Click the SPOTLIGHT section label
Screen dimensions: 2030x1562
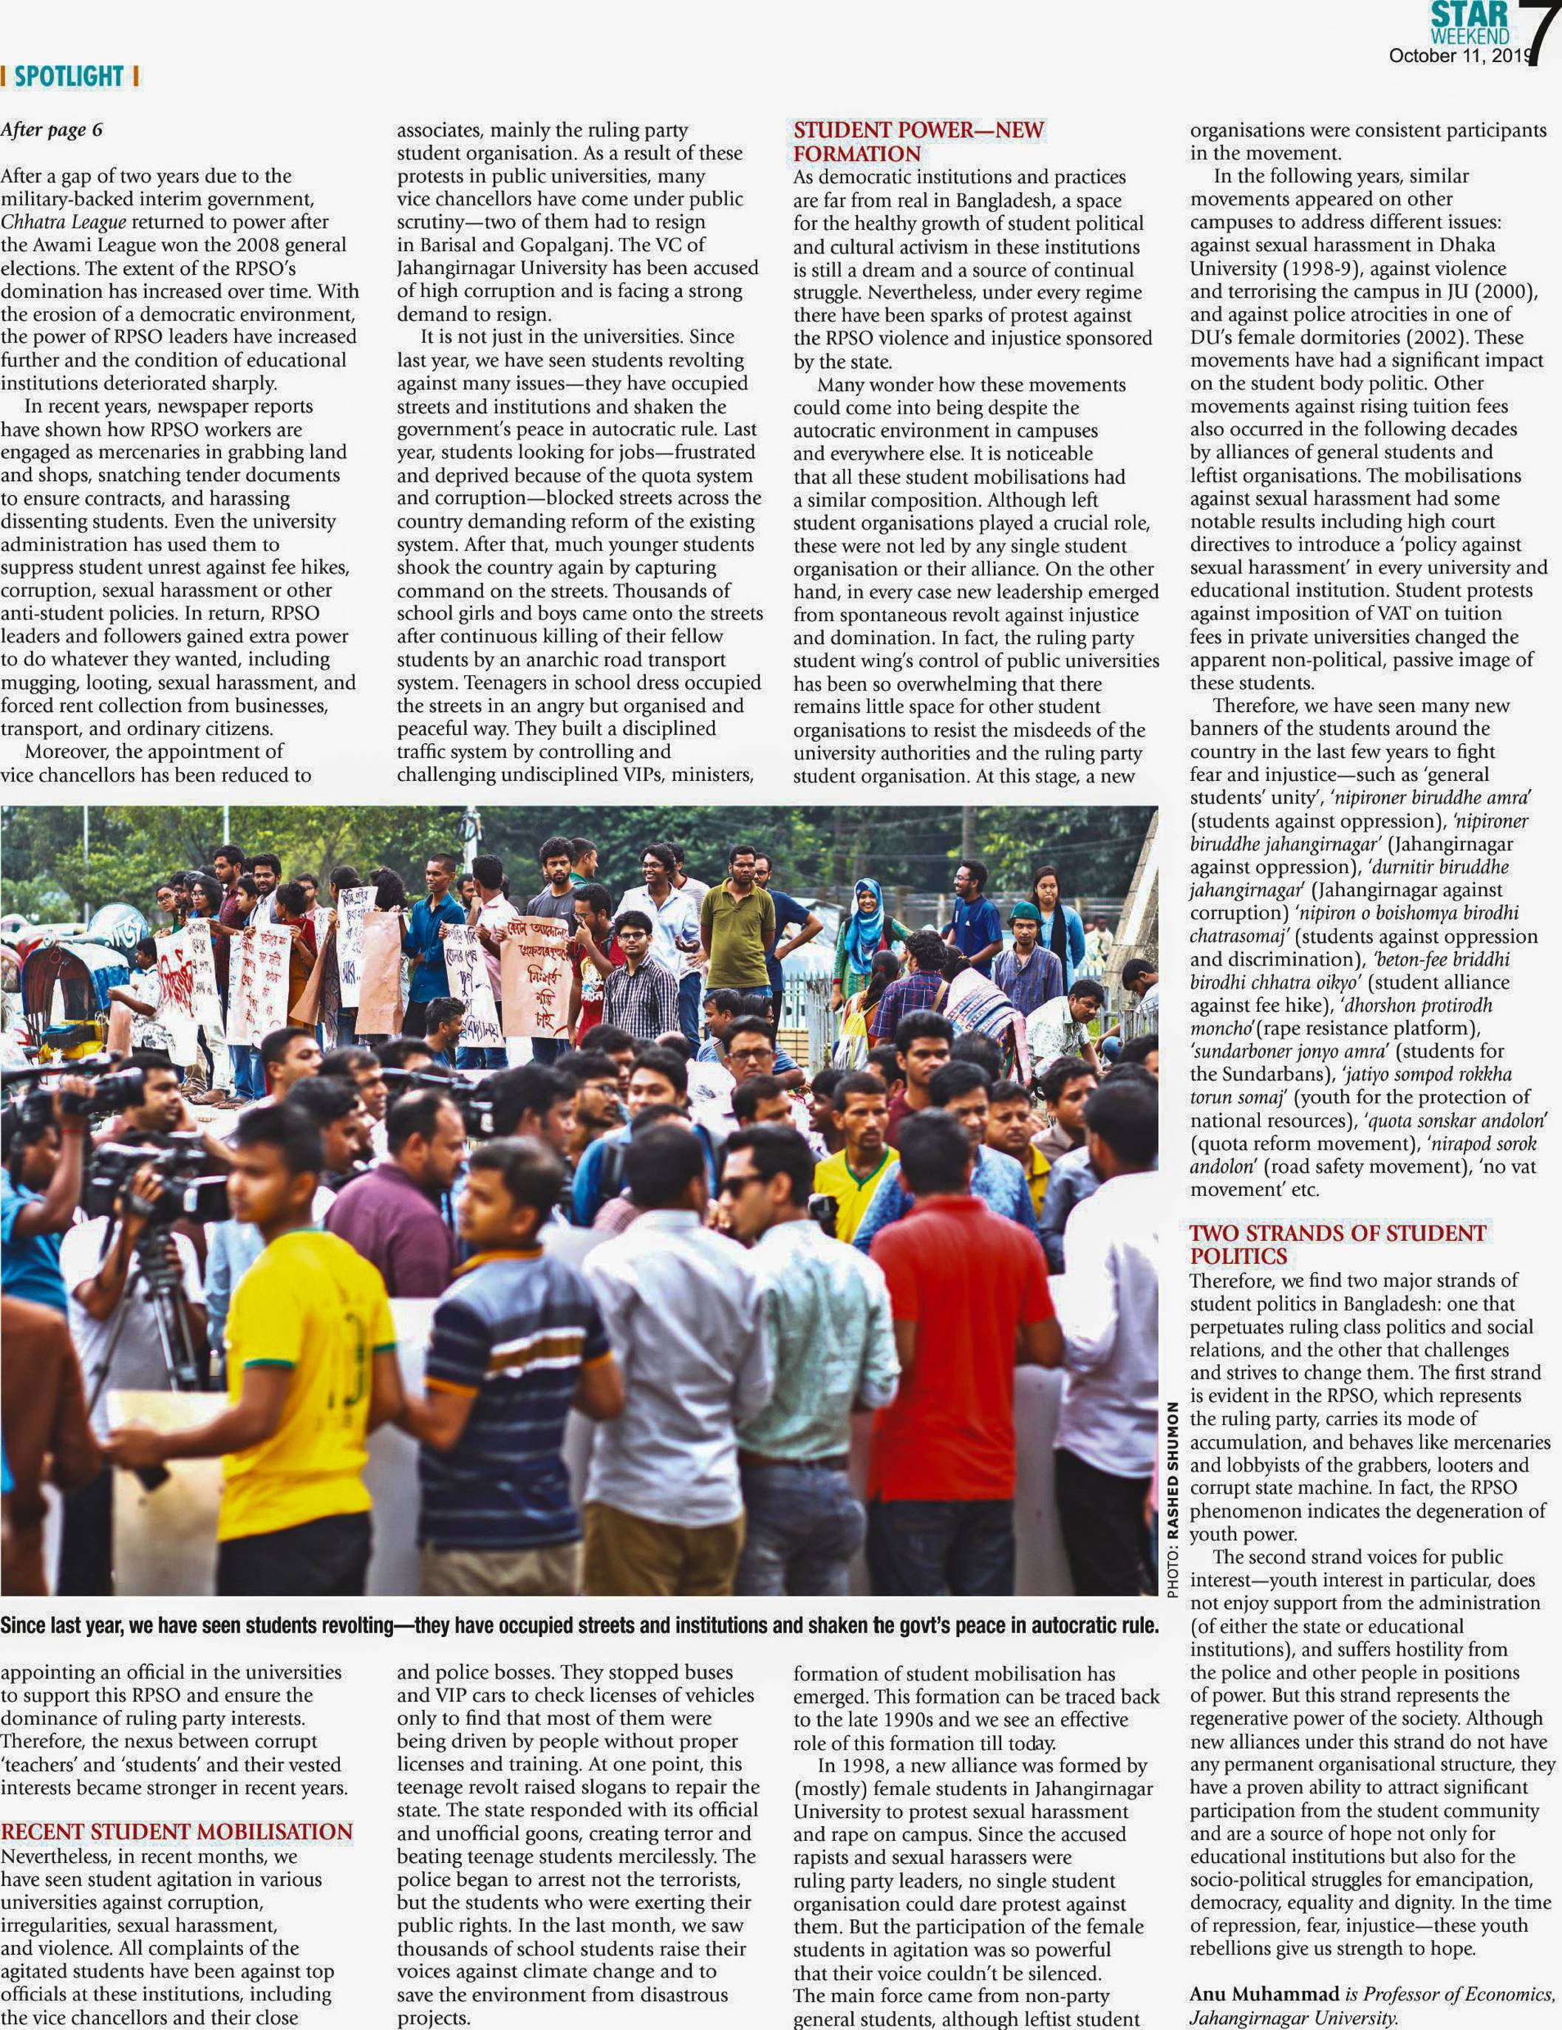69,76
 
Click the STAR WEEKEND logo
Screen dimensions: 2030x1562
1469,23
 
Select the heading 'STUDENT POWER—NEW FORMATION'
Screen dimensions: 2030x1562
918,141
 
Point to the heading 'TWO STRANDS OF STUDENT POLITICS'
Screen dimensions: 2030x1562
1337,1245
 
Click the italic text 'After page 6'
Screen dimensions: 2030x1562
52,130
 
